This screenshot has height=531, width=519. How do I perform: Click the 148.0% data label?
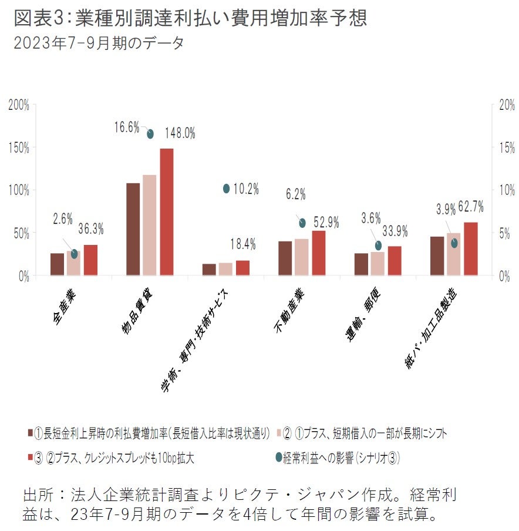click(180, 133)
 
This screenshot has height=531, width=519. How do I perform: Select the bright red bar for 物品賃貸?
click(167, 211)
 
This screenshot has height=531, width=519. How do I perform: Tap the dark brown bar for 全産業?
click(57, 264)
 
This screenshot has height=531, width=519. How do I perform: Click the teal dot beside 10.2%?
click(227, 189)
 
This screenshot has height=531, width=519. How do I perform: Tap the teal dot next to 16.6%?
click(150, 133)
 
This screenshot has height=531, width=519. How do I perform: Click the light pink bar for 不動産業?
click(302, 257)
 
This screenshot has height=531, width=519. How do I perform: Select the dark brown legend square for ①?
click(29, 434)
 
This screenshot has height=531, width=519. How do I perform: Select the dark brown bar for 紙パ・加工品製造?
click(437, 256)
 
